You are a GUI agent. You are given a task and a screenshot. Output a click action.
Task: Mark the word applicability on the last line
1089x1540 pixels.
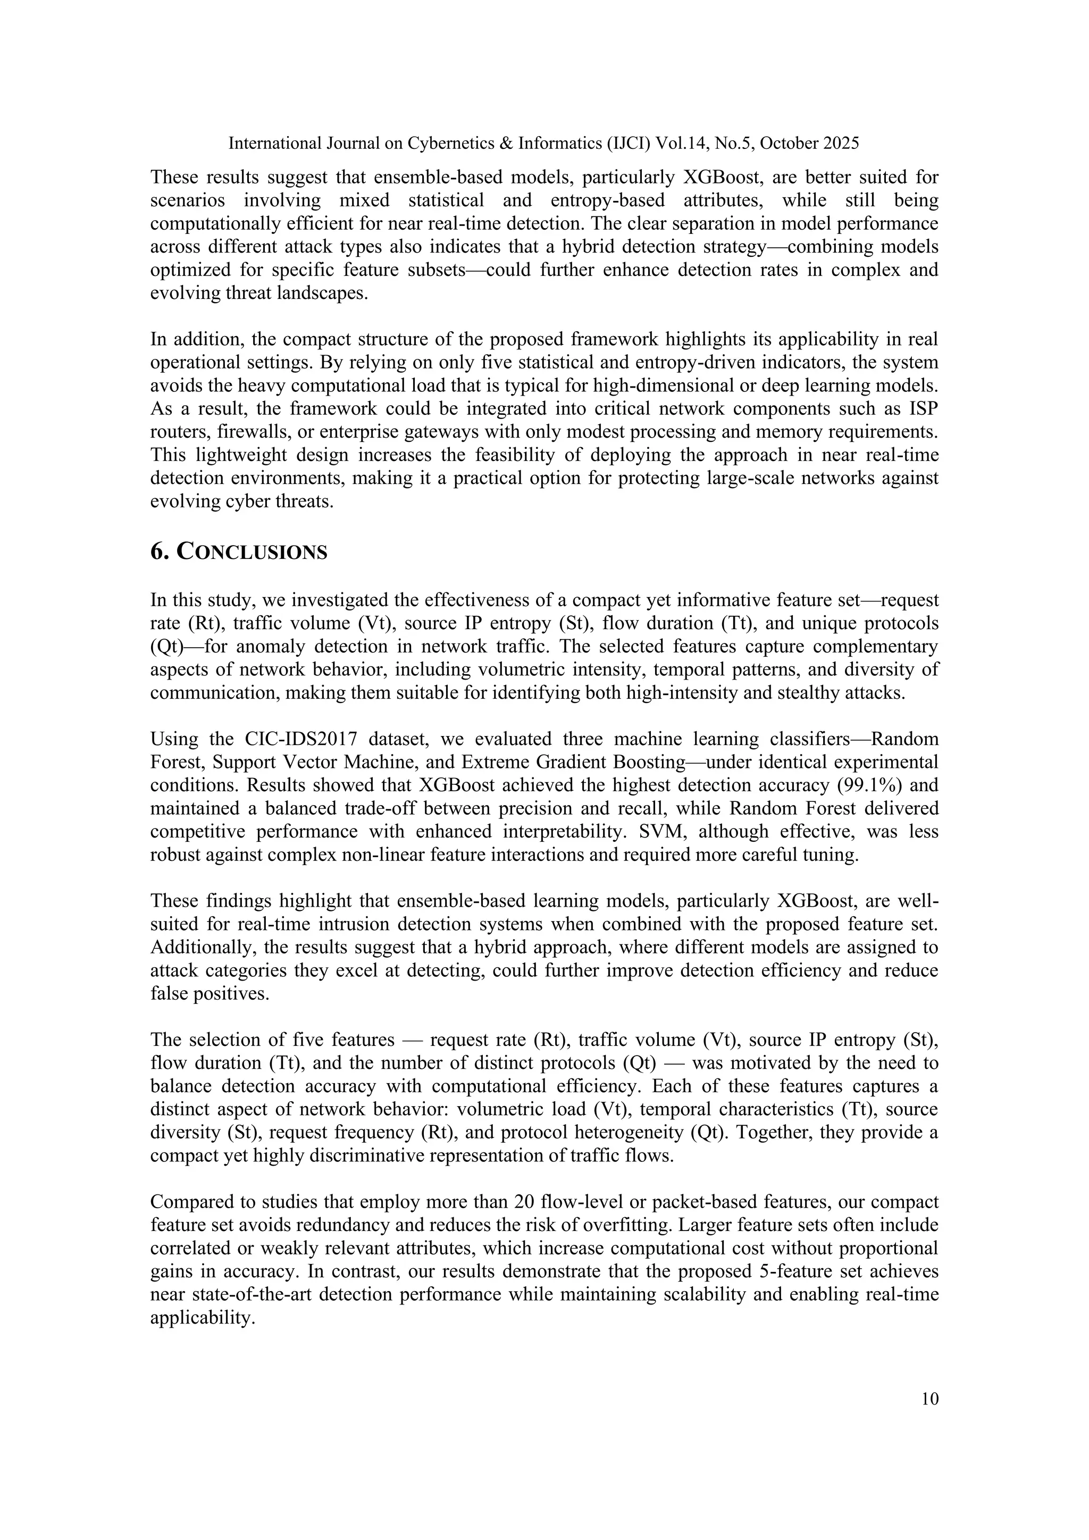pyautogui.click(x=202, y=1317)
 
